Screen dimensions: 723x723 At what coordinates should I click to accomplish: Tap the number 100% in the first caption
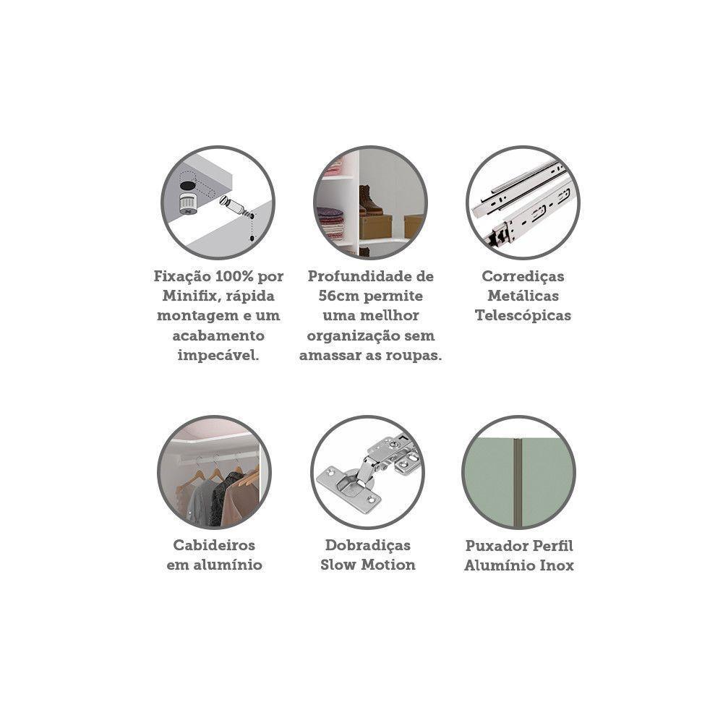coord(234,276)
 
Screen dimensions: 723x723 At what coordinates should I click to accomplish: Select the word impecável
coord(218,356)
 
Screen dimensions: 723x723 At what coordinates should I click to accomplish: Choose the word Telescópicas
coord(523,316)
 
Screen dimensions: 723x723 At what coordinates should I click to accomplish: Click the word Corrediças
coord(523,277)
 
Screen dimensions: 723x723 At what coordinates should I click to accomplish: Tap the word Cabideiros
coord(214,545)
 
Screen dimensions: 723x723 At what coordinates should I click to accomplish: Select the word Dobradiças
coord(367,545)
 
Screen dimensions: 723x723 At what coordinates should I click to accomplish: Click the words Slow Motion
coord(367,565)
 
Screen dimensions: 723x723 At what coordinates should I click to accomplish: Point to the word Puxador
coord(495,545)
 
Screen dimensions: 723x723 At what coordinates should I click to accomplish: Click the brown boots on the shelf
coord(369,200)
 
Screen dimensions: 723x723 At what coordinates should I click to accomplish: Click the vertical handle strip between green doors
coord(518,482)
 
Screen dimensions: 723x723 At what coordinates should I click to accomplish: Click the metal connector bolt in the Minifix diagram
coord(235,206)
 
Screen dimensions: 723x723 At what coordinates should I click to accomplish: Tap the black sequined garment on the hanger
coord(224,499)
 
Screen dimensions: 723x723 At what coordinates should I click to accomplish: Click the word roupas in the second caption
coord(411,356)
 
